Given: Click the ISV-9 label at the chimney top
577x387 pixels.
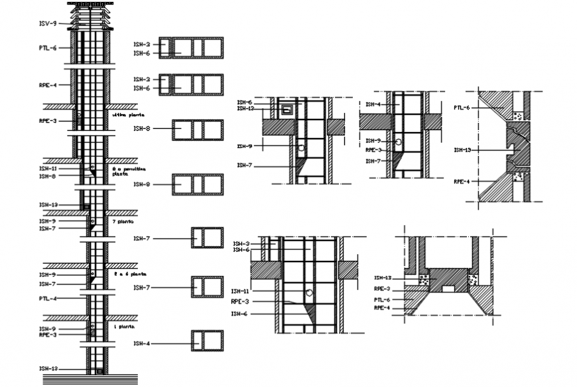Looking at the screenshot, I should click(48, 24).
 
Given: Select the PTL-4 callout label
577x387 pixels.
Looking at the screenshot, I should click(48, 299).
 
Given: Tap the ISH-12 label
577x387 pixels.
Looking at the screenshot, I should click(245, 108).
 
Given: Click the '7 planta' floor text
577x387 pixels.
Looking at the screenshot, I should click(123, 221).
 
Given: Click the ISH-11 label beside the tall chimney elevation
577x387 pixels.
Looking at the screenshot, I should click(48, 169).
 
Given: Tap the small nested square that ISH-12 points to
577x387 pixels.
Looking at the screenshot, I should click(288, 110).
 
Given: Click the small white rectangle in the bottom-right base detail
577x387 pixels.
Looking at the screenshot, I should click(448, 289).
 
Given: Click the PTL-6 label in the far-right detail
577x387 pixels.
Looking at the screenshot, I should click(462, 108).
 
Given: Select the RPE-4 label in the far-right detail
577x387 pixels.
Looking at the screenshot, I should click(462, 181).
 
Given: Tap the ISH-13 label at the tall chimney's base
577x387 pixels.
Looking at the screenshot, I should click(48, 369).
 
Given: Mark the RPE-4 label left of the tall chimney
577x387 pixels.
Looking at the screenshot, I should click(48, 85).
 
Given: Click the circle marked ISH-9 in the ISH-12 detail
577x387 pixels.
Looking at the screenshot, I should click(301, 147).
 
